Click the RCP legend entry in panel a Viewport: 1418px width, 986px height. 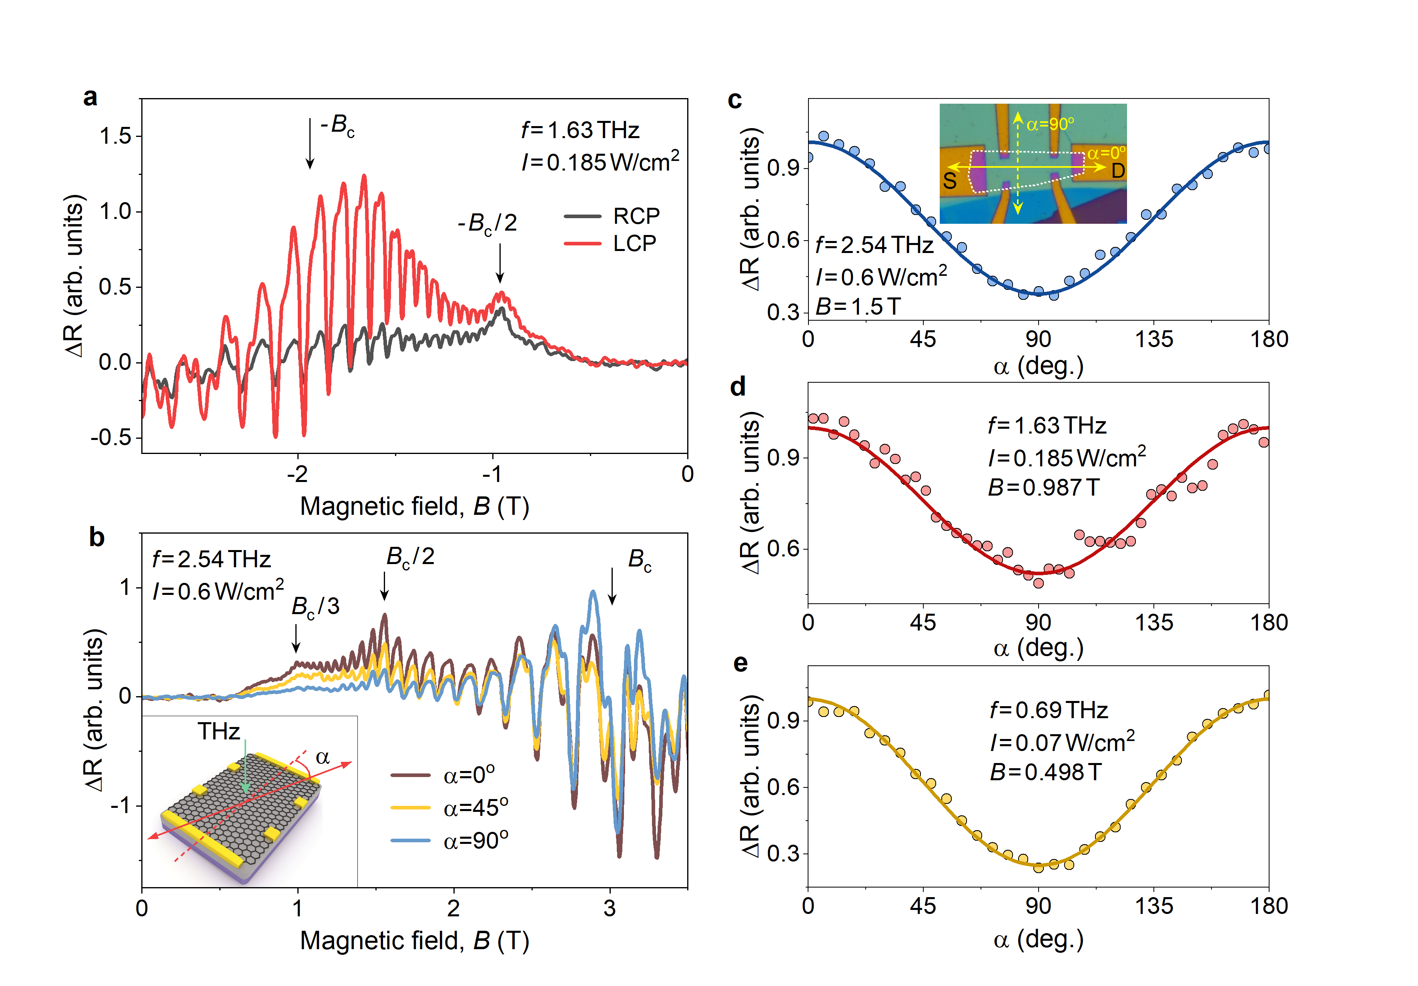pyautogui.click(x=636, y=216)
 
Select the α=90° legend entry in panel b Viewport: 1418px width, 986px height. pyautogui.click(x=475, y=840)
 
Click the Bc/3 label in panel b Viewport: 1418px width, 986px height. pyautogui.click(x=315, y=606)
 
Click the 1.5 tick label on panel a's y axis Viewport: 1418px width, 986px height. pyautogui.click(x=116, y=136)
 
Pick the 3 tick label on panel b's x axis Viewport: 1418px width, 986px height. pyautogui.click(x=610, y=908)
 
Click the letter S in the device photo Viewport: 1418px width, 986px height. pyautogui.click(x=950, y=181)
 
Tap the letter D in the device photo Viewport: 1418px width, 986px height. pyautogui.click(x=1118, y=171)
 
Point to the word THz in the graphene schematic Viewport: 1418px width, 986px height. pyautogui.click(x=219, y=731)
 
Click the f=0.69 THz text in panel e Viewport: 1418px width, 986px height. pyautogui.click(x=1049, y=711)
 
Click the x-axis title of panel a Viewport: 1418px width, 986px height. pyautogui.click(x=414, y=506)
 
